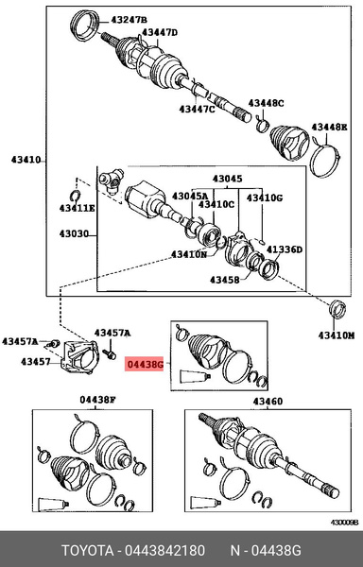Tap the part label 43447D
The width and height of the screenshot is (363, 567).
tap(160, 32)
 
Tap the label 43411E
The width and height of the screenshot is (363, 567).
tap(76, 208)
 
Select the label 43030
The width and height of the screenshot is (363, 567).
tap(75, 234)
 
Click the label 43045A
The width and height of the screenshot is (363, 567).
tap(187, 197)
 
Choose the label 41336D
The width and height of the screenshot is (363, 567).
tap(284, 250)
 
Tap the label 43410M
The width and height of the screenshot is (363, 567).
tap(337, 335)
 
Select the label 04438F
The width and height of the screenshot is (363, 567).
tap(96, 401)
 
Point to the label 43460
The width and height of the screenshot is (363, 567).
tap(267, 401)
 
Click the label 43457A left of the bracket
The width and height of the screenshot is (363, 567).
tap(20, 341)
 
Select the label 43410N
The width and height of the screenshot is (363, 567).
tap(189, 254)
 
